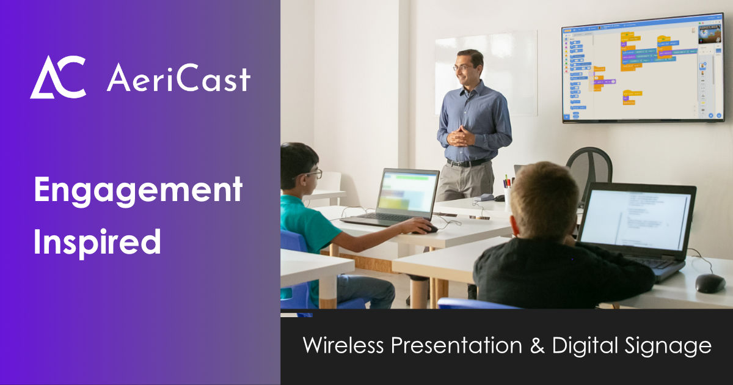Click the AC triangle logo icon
pyautogui.click(x=58, y=77)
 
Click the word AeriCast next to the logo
pyautogui.click(x=178, y=78)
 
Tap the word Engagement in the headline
pyautogui.click(x=138, y=192)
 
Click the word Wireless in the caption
pyautogui.click(x=343, y=346)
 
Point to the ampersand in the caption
pyautogui.click(x=536, y=346)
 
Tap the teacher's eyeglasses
pyautogui.click(x=463, y=68)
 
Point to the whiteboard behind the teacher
pyautogui.click(x=486, y=73)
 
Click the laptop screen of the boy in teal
pyautogui.click(x=407, y=191)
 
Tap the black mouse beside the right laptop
pyautogui.click(x=710, y=282)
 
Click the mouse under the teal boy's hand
pyautogui.click(x=429, y=229)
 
